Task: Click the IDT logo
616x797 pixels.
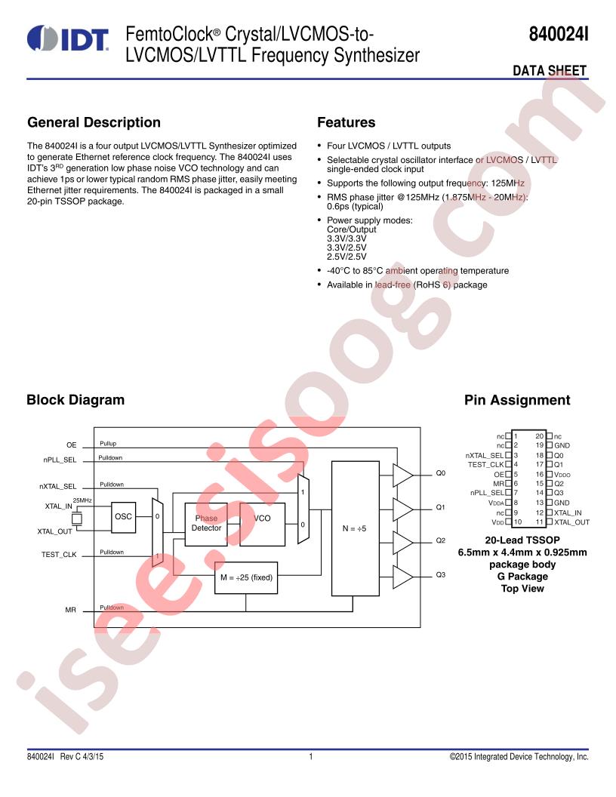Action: [x=68, y=38]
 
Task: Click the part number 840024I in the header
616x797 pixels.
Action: [x=559, y=34]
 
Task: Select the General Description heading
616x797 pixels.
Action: [x=94, y=122]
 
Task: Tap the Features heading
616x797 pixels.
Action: [x=346, y=122]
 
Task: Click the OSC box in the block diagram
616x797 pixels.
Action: [x=124, y=517]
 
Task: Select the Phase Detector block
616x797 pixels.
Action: [x=206, y=524]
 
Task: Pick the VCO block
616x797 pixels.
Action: [x=262, y=524]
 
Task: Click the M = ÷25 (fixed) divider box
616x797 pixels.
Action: [x=246, y=577]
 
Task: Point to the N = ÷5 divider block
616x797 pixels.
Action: [x=356, y=528]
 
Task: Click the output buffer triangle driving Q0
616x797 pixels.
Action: [x=402, y=475]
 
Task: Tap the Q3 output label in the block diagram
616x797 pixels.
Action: [x=441, y=575]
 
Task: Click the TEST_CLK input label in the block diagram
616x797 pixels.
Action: [x=59, y=555]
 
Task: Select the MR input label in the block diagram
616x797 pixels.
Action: [x=70, y=610]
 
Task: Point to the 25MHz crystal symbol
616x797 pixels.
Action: [x=77, y=519]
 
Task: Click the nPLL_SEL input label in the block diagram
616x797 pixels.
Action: [x=60, y=460]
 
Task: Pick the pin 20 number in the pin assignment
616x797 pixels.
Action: [x=539, y=436]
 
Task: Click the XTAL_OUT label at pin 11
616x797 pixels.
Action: [x=571, y=522]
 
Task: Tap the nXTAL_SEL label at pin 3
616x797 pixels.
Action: [x=485, y=455]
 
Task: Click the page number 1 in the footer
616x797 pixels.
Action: [x=310, y=757]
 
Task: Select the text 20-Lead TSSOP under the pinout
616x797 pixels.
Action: [x=522, y=540]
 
